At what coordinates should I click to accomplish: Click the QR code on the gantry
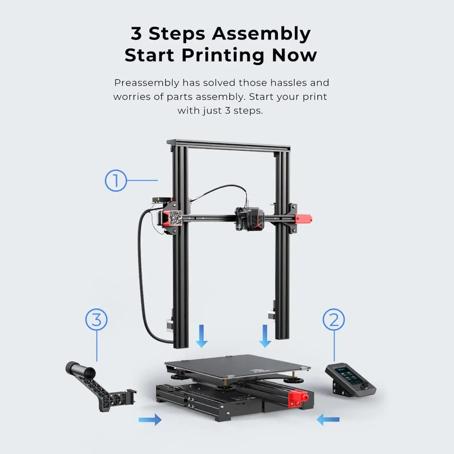(175, 218)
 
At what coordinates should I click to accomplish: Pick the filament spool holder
(100, 385)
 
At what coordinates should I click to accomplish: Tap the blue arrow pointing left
(328, 419)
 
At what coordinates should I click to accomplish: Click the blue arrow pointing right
(150, 419)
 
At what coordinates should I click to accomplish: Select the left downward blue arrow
(202, 336)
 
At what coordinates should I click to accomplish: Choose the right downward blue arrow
(265, 336)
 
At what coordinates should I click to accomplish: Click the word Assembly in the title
(261, 34)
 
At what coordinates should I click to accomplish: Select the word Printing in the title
(223, 55)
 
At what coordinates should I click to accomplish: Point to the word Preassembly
(147, 83)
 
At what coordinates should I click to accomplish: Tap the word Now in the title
(295, 55)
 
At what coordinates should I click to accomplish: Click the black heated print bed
(237, 366)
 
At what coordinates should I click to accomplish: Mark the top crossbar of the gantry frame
(229, 145)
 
